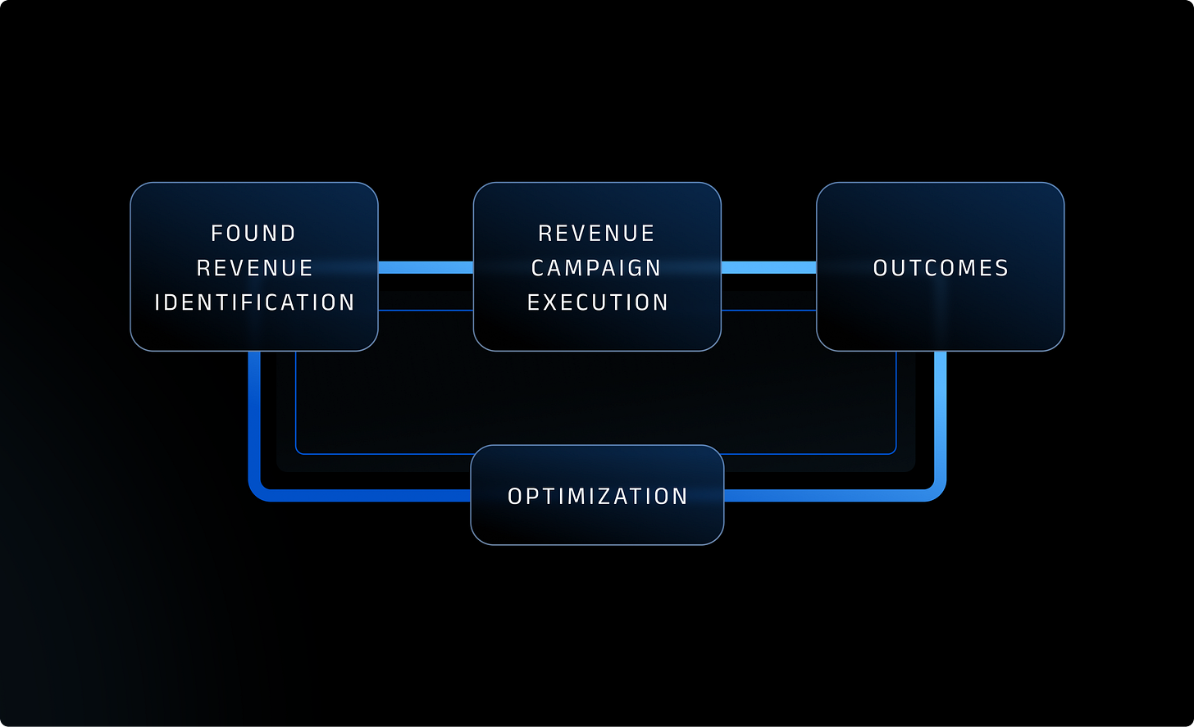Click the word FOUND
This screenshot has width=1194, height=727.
click(253, 234)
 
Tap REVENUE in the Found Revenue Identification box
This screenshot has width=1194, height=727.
click(255, 268)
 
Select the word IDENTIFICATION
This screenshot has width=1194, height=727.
click(255, 302)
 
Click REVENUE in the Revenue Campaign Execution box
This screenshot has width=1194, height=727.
click(597, 234)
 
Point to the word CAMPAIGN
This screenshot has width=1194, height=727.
click(597, 268)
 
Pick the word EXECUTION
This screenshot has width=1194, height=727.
click(598, 302)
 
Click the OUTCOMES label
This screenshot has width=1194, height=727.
click(941, 268)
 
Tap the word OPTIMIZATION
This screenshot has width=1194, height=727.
click(598, 496)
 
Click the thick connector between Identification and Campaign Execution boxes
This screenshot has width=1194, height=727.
click(426, 267)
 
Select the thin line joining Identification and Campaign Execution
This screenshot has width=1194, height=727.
click(426, 310)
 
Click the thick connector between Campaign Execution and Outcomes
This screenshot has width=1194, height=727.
click(768, 267)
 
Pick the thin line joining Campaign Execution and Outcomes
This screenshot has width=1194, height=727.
click(768, 310)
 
